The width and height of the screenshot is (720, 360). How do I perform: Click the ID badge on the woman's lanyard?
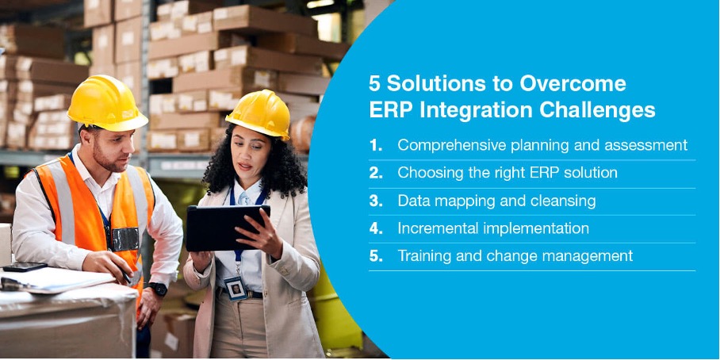(x=236, y=288)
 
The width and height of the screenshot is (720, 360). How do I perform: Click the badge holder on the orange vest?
(x=124, y=239)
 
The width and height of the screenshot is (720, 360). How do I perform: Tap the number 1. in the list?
(x=376, y=146)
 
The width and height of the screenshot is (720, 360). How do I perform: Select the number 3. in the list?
(x=376, y=201)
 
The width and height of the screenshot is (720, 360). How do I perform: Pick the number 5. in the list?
(x=376, y=256)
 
